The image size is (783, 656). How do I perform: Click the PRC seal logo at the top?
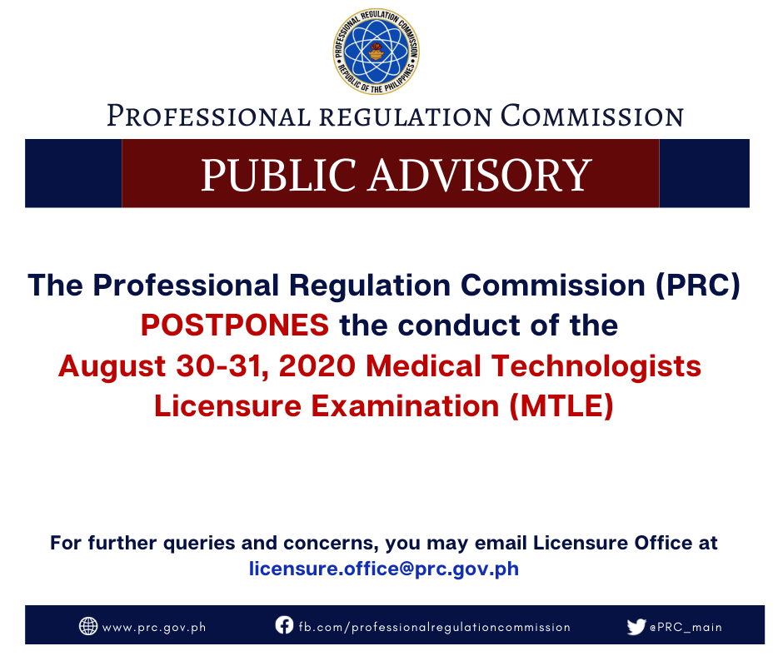[377, 52]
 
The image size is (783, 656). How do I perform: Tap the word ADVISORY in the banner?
[481, 175]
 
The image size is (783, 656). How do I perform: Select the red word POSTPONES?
[235, 326]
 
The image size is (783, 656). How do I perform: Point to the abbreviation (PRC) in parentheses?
[697, 286]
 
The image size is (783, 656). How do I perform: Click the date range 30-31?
[220, 366]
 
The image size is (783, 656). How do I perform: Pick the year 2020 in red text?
[317, 366]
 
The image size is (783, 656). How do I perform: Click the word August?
[112, 367]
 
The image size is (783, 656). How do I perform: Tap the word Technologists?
[596, 367]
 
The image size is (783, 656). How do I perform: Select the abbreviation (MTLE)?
[561, 406]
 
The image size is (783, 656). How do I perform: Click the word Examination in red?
[405, 406]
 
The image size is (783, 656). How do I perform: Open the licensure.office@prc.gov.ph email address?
[384, 569]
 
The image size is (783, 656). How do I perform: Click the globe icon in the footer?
[88, 626]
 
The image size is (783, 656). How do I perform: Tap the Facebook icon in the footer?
[284, 625]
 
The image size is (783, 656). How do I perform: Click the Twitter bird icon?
[636, 627]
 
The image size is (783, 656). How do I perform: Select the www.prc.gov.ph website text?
[154, 628]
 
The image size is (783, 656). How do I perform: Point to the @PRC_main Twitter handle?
[686, 627]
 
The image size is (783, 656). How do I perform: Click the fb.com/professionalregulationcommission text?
[435, 627]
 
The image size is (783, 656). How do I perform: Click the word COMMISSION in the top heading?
[591, 116]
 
